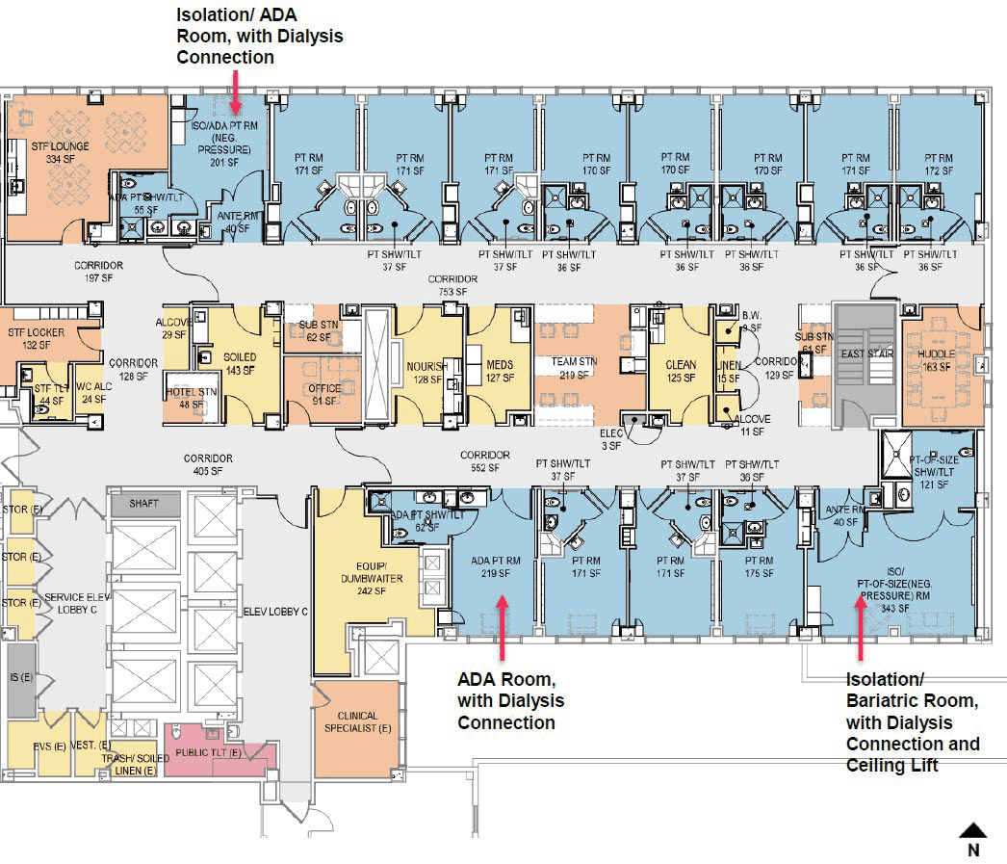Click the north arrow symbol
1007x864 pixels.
pyautogui.click(x=973, y=829)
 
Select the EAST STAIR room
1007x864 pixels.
pyautogui.click(x=866, y=353)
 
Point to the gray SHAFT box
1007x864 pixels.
pyautogui.click(x=144, y=503)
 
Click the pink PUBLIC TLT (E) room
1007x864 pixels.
pyautogui.click(x=219, y=750)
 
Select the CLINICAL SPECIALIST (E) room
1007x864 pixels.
pyautogui.click(x=357, y=722)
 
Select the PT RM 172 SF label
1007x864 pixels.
pyautogui.click(x=940, y=164)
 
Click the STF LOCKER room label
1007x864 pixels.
pyautogui.click(x=35, y=338)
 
